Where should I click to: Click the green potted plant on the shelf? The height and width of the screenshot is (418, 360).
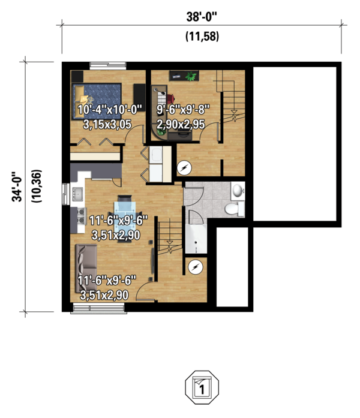point(191,77)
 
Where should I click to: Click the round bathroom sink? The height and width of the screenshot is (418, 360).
point(238,191)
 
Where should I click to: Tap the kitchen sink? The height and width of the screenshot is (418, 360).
point(77,194)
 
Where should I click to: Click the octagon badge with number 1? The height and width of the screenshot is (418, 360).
point(202,387)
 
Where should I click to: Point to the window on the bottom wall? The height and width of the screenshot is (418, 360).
point(98,309)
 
